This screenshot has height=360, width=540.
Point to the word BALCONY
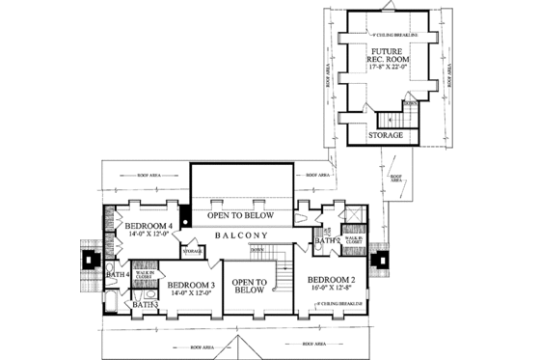pyautogui.click(x=242, y=235)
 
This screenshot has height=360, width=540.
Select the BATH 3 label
pyautogui.click(x=145, y=305)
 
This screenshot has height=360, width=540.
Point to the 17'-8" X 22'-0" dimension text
pyautogui.click(x=390, y=69)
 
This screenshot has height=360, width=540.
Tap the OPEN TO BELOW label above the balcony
pyautogui.click(x=241, y=216)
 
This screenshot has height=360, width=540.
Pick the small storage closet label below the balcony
pyautogui.click(x=192, y=250)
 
